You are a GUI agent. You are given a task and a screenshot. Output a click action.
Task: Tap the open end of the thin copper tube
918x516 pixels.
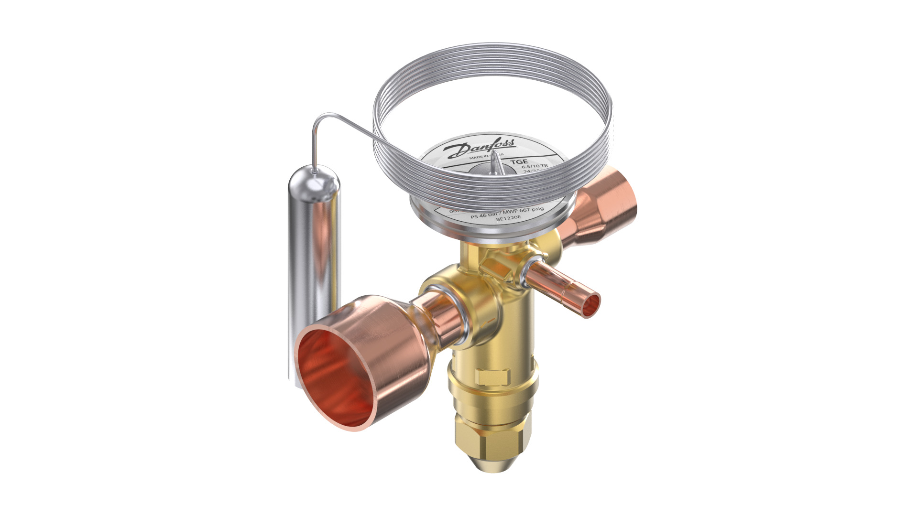593,304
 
